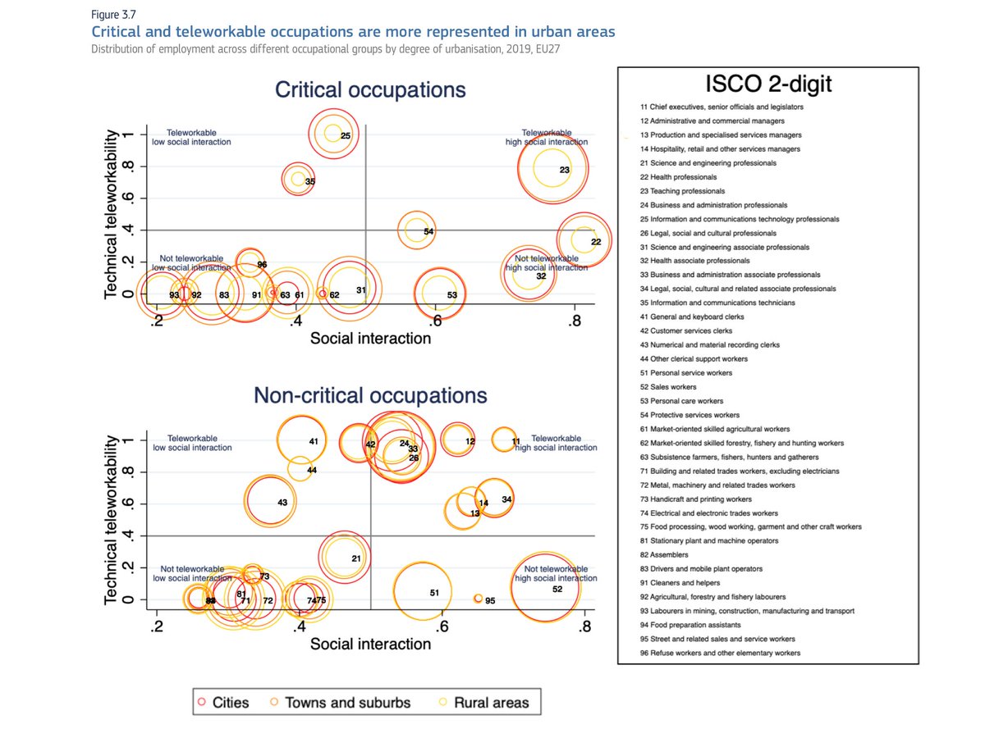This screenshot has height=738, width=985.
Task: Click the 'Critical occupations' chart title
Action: click(370, 90)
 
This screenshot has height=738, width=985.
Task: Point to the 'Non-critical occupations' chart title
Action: click(370, 396)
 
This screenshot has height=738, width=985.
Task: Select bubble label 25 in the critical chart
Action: click(346, 135)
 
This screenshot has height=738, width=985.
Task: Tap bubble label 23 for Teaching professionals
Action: click(565, 170)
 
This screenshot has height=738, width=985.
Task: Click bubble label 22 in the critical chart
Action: click(596, 242)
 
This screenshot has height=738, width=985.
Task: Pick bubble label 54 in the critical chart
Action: click(428, 232)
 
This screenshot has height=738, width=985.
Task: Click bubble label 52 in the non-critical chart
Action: click(557, 590)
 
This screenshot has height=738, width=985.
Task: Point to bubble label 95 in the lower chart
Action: click(490, 601)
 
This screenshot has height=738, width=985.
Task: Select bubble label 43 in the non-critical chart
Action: click(282, 503)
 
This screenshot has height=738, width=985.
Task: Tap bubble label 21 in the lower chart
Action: click(356, 558)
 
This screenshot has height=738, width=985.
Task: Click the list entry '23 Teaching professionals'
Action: click(677, 191)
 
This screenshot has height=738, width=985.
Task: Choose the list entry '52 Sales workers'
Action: click(668, 387)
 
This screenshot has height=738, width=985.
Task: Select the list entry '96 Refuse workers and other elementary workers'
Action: click(720, 653)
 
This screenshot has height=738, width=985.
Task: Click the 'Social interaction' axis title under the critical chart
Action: click(370, 338)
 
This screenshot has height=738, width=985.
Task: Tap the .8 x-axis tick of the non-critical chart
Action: click(584, 628)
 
